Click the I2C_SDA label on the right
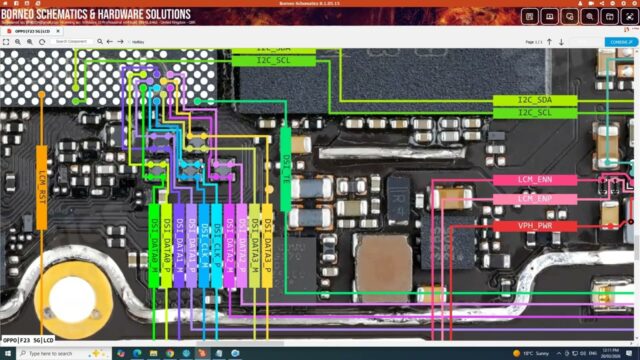pos(535,101)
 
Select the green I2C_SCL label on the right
pos(535,113)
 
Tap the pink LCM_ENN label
pos(535,180)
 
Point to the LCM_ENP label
pos(535,199)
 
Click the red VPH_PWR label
pos(535,226)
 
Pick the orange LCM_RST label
pos(42,184)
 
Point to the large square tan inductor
pos(383,268)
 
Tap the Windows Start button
pos(8,353)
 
